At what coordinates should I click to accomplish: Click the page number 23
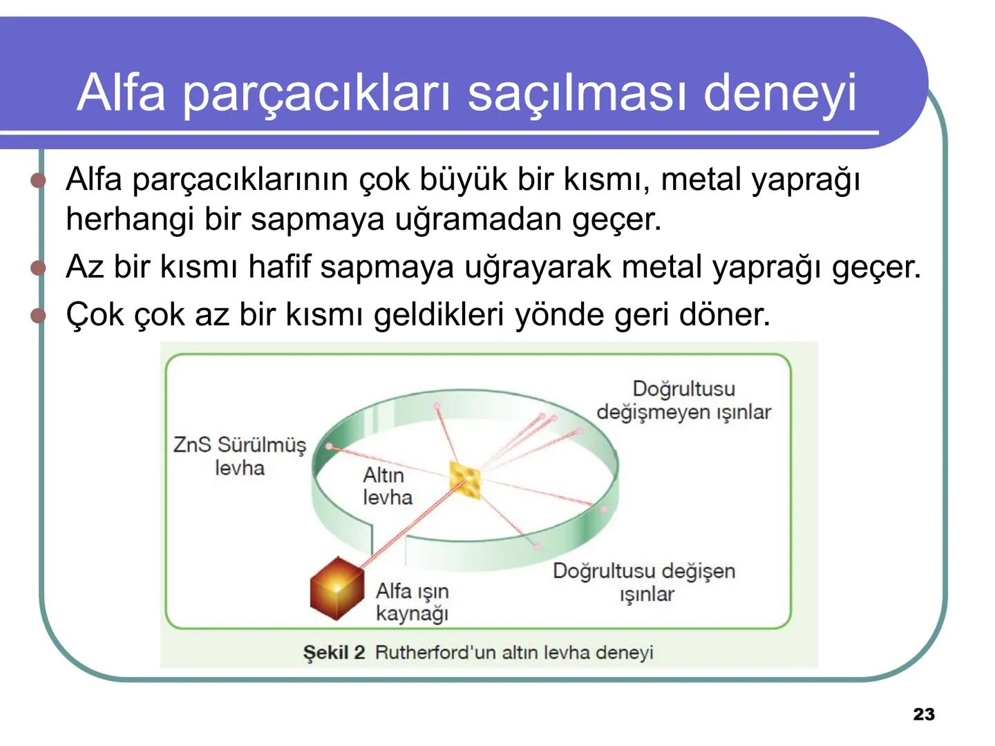pyautogui.click(x=924, y=714)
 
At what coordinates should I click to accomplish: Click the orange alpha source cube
pyautogui.click(x=337, y=589)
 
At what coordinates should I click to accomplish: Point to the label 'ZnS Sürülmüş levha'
pyautogui.click(x=239, y=456)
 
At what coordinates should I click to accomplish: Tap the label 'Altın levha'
pyautogui.click(x=387, y=486)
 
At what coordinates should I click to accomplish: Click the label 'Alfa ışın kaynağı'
pyautogui.click(x=412, y=602)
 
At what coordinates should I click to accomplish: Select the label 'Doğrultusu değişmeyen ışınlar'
pyautogui.click(x=683, y=400)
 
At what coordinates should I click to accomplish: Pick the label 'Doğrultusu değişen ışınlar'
pyautogui.click(x=644, y=582)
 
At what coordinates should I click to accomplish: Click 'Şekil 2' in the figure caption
pyautogui.click(x=334, y=653)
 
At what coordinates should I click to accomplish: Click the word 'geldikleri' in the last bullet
pyautogui.click(x=439, y=315)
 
